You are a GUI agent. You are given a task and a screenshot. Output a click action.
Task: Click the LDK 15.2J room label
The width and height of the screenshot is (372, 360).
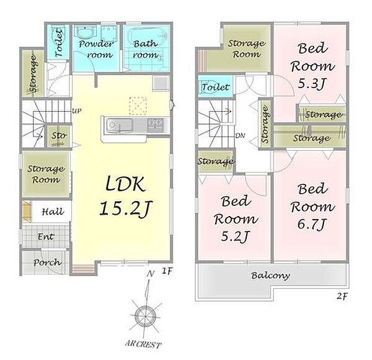tap(125, 196)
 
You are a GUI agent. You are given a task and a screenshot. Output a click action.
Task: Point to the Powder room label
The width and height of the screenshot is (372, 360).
tap(97, 49)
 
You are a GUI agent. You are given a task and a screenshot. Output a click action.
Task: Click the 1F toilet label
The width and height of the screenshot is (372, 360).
tap(58, 43)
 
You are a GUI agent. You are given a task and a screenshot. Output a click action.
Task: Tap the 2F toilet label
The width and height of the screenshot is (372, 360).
tap(215, 87)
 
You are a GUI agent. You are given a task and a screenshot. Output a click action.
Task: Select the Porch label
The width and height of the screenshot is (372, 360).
tap(48, 263)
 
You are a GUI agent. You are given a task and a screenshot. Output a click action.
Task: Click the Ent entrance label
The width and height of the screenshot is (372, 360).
tap(46, 236)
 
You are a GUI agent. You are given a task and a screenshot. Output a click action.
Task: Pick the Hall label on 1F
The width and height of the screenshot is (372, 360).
tap(53, 212)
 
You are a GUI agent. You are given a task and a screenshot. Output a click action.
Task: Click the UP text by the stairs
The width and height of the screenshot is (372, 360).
tap(76, 111)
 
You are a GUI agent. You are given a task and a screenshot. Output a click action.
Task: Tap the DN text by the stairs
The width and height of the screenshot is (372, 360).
tap(240, 135)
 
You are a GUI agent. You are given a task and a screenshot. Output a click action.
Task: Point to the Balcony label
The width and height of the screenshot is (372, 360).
tap(270, 276)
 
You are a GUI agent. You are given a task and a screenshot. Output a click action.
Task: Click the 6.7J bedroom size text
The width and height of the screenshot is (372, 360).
tap(312, 223)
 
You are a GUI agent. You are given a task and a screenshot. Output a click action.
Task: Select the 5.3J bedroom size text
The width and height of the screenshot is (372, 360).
tap(312, 83)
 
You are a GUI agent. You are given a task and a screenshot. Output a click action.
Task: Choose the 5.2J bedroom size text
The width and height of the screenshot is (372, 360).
tap(235, 236)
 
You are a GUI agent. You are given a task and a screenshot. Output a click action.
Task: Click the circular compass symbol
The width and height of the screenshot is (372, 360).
tap(145, 317)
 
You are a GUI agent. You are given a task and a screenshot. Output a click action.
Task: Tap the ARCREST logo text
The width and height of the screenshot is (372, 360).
tap(143, 344)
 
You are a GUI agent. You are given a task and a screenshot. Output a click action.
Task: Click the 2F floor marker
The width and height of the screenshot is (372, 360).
tap(342, 296)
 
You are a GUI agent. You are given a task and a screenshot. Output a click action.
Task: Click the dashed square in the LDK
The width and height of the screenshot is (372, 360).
tap(138, 106)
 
